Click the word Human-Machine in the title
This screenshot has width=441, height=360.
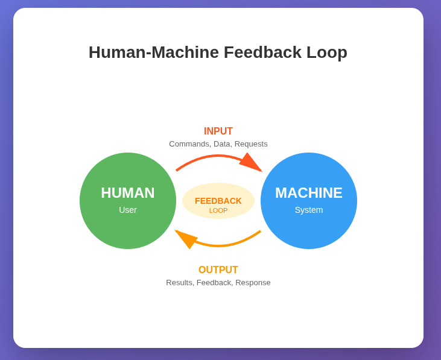tap(153, 52)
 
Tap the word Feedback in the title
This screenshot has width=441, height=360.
tap(262, 52)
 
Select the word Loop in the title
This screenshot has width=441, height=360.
tap(326, 52)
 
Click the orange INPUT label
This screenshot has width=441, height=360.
tap(218, 131)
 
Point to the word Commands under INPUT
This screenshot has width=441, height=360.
tap(189, 144)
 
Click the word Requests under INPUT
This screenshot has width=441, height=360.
tap(251, 144)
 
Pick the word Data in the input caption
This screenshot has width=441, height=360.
tap(222, 144)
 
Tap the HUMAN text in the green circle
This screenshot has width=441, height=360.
tap(128, 193)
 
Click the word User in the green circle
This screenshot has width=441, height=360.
tap(128, 210)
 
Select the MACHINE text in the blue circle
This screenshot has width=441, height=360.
tap(309, 193)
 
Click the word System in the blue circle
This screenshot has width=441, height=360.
tap(309, 210)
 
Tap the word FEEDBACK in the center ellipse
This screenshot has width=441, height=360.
tap(218, 201)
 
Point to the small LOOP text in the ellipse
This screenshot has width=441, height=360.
tap(218, 211)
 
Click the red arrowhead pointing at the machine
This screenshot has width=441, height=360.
tap(252, 163)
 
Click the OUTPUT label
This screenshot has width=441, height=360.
tap(218, 270)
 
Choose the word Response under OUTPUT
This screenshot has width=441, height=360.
tap(253, 283)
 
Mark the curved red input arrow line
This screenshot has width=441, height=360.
tap(211, 156)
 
